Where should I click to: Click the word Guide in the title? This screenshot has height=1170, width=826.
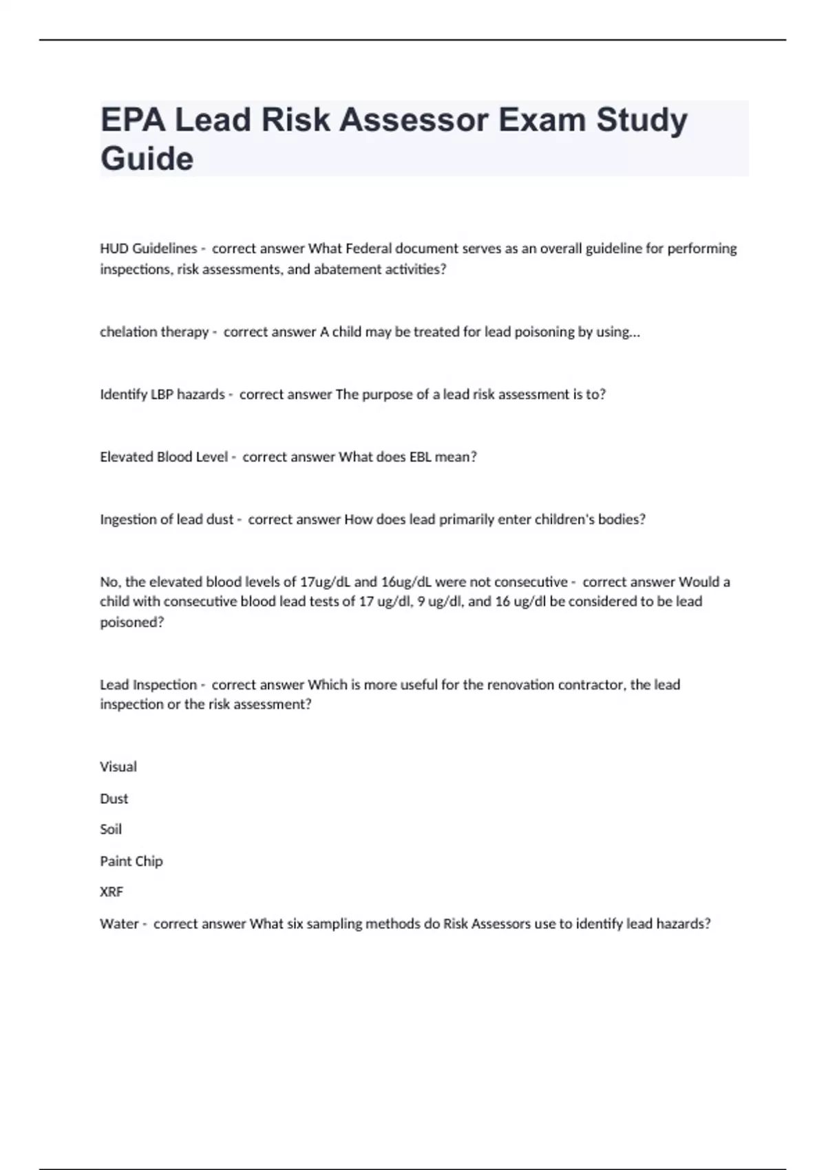[x=147, y=158]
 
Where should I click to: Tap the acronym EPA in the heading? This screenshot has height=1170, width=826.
[x=133, y=120]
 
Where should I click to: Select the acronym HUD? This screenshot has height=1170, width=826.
[x=114, y=248]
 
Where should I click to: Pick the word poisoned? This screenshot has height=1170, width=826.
[x=132, y=622]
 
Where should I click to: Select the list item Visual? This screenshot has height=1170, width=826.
[x=118, y=767]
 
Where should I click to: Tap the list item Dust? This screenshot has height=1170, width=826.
[x=114, y=798]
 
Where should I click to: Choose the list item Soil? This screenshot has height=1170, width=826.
[x=111, y=829]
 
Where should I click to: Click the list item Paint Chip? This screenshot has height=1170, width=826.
[x=131, y=861]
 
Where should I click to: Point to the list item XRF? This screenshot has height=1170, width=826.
[x=112, y=892]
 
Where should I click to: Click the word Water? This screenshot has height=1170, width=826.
[x=119, y=924]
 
